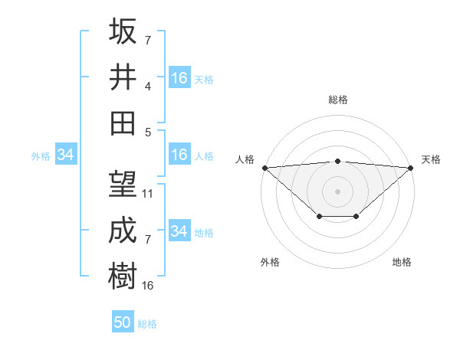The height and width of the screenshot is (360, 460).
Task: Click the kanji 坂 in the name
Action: click(123, 31)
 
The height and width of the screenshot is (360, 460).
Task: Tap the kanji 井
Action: click(123, 77)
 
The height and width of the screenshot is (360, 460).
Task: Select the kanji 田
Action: click(123, 123)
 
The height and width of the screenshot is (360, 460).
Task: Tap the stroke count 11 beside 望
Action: click(148, 194)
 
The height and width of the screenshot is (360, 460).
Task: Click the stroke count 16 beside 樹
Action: click(148, 285)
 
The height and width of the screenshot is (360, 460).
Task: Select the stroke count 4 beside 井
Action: click(147, 86)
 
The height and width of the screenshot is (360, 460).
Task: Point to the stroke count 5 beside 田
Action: click(147, 131)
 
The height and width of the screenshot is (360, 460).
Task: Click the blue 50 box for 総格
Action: click(123, 322)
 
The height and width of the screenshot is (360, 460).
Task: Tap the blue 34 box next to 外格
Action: click(65, 155)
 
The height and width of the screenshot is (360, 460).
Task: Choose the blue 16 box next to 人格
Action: click(179, 155)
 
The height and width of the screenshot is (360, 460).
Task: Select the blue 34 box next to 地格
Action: click(179, 231)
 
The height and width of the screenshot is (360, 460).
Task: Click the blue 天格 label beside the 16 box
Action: click(204, 79)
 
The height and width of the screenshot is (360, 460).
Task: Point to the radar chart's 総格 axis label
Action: click(338, 100)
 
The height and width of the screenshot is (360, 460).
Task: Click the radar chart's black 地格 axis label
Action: click(402, 262)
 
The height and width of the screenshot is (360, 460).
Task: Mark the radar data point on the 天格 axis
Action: click(411, 167)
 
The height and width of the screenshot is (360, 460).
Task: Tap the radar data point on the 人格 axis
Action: click(264, 167)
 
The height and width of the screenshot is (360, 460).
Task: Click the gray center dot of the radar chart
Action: click(338, 191)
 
